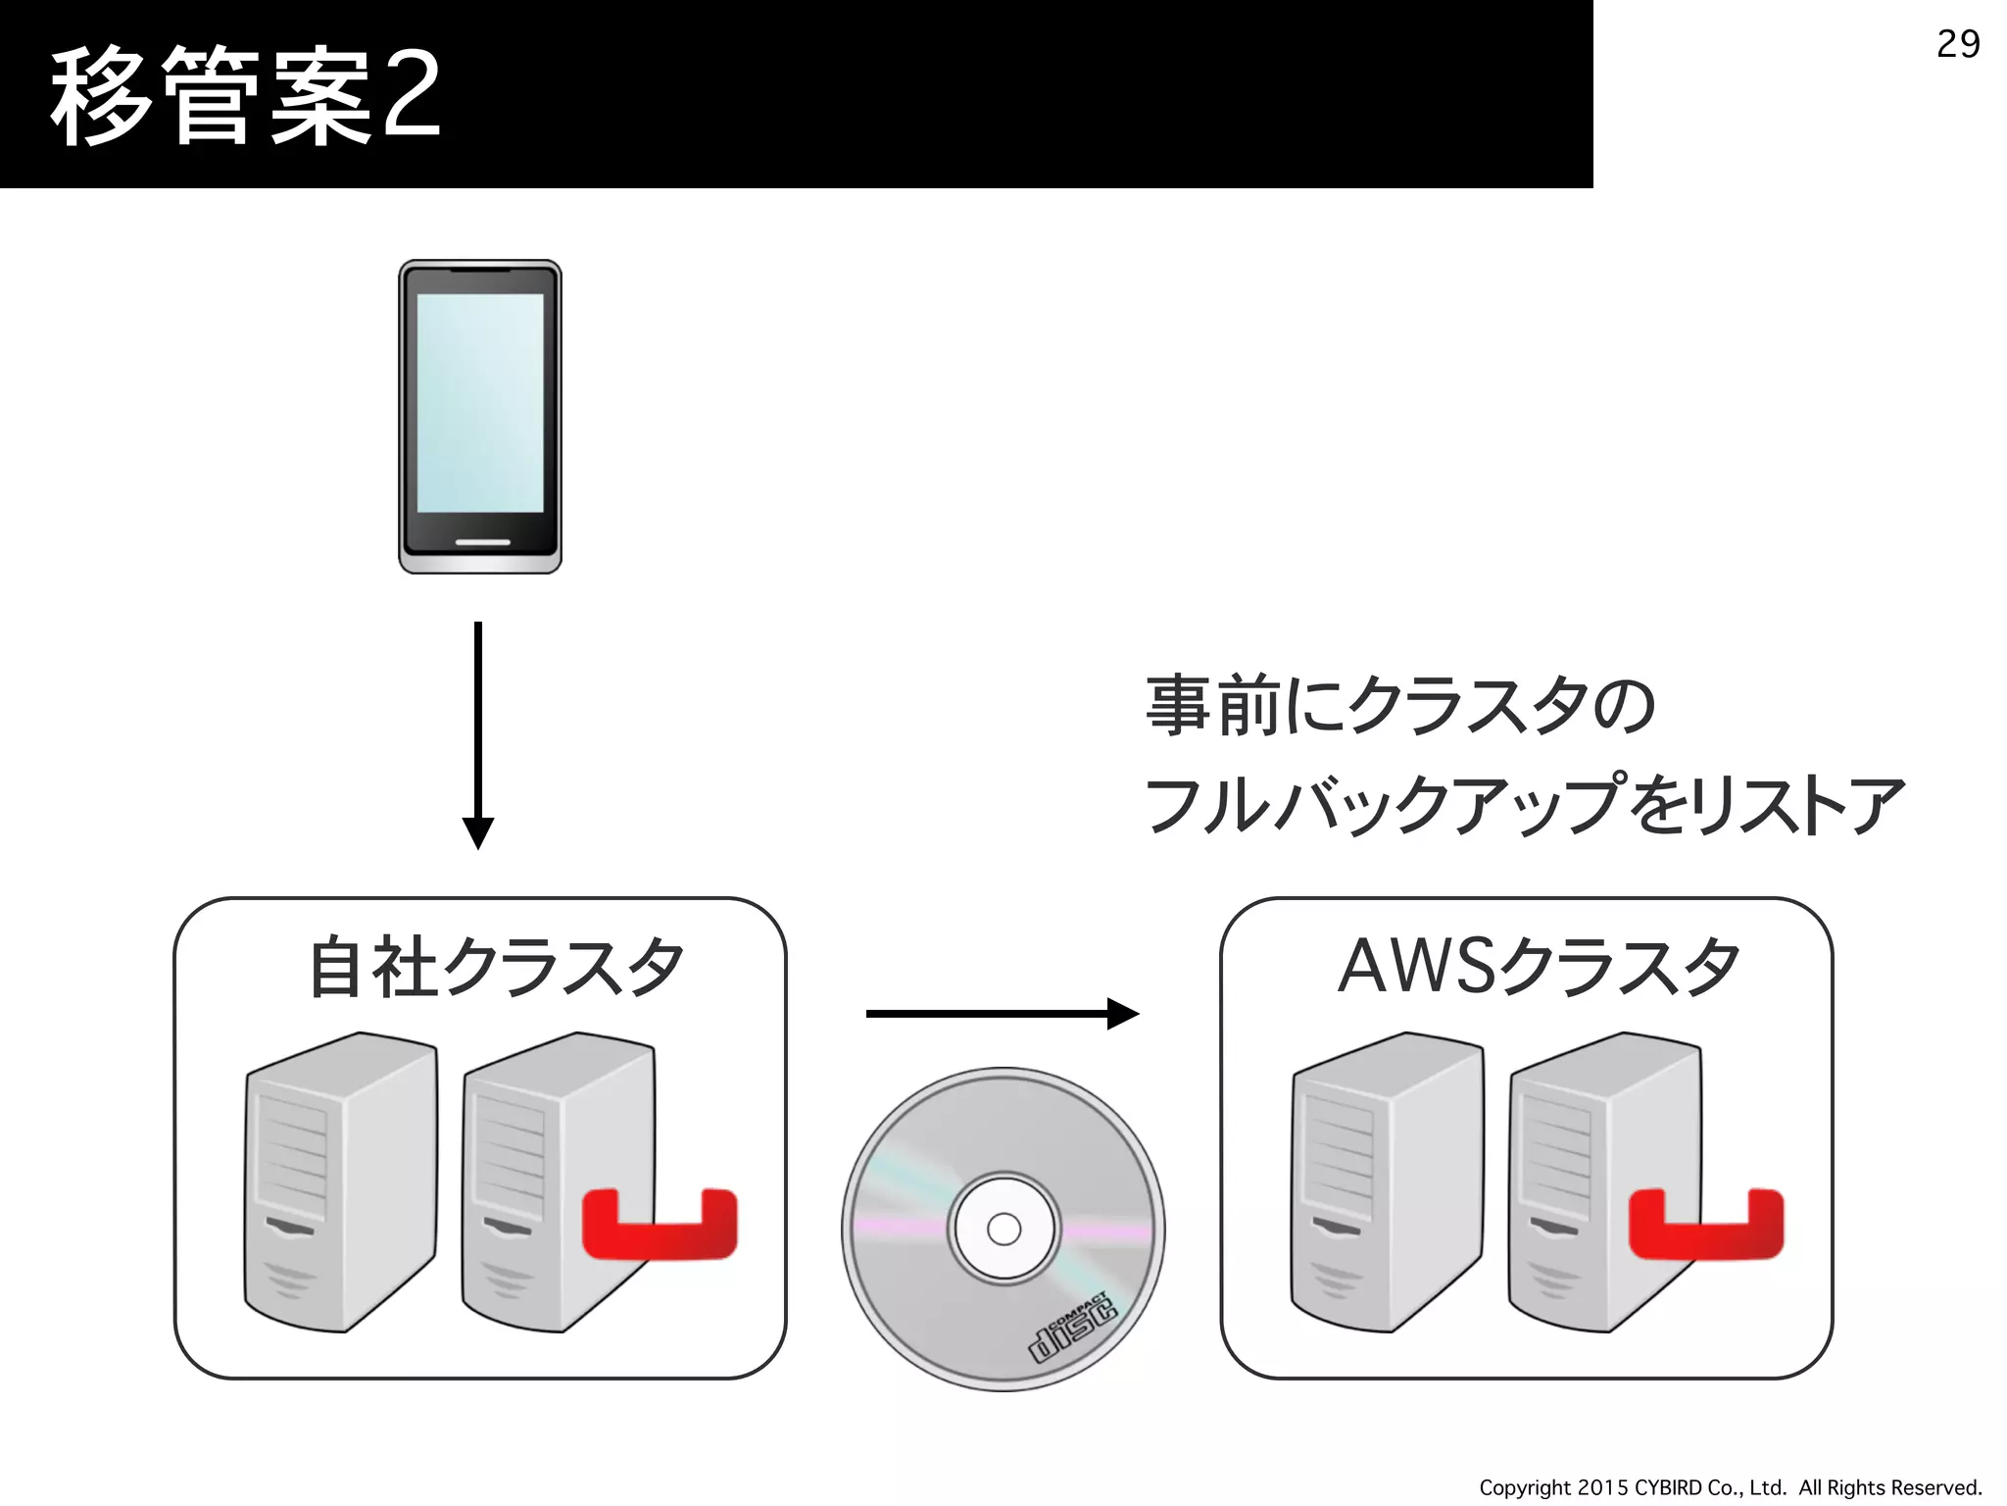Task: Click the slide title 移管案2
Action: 245,96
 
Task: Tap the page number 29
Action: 1958,44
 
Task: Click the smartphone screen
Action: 480,402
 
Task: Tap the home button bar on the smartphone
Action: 482,542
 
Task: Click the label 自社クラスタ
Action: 496,967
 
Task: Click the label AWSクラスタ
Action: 1539,967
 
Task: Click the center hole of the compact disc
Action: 1003,1229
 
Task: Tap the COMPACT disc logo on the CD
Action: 1074,1327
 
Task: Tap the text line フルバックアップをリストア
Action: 1525,804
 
